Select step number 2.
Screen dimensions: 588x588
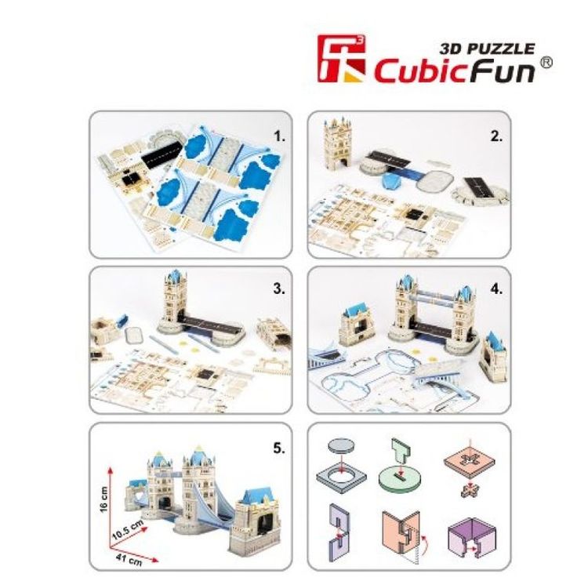495,135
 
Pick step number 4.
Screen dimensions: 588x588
495,288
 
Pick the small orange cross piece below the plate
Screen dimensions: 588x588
469,491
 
